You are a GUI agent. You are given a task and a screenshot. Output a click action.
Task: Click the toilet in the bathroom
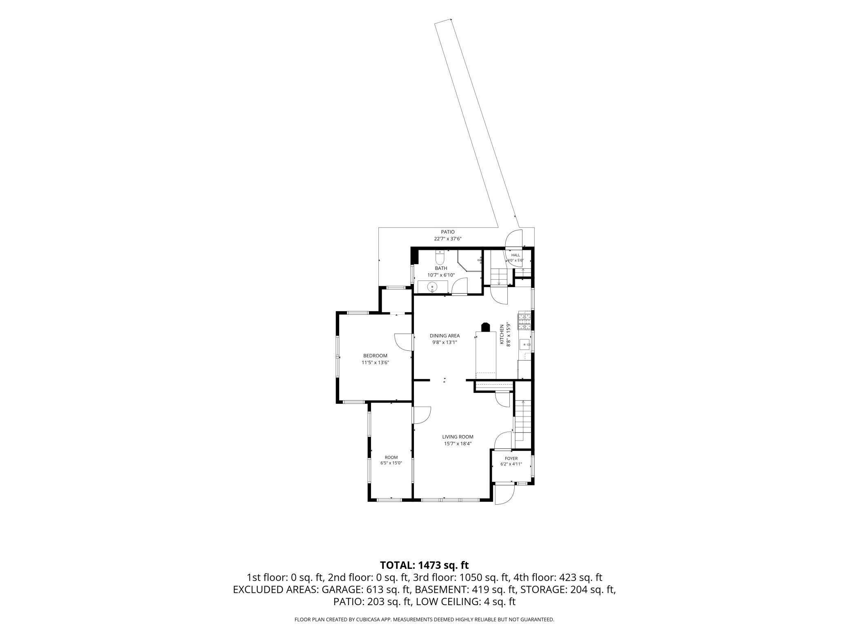tap(440, 257)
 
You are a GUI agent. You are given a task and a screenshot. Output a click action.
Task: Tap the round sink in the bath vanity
tap(432, 287)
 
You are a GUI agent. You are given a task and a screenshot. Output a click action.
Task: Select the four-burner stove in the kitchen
tap(524, 321)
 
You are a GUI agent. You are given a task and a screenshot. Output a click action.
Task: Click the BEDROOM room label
tap(375, 356)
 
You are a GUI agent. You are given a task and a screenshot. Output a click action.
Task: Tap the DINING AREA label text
tap(445, 336)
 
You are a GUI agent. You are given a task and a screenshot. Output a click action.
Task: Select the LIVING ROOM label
tap(458, 437)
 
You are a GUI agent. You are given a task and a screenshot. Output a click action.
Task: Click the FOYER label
tap(511, 459)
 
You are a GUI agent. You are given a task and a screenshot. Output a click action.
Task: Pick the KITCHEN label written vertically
tap(502, 334)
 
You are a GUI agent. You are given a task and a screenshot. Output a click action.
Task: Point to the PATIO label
tap(447, 232)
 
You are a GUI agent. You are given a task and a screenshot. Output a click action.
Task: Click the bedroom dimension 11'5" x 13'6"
tap(375, 363)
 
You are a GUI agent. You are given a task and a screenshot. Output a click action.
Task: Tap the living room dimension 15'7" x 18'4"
tap(458, 443)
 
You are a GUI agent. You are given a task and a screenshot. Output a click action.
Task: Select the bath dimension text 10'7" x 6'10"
tap(441, 275)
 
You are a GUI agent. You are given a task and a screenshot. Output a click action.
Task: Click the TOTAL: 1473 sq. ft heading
tap(424, 565)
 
